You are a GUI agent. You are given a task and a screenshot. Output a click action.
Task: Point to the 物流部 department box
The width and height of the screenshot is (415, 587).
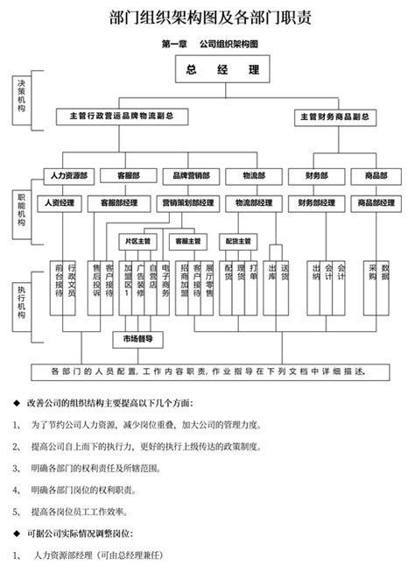254,175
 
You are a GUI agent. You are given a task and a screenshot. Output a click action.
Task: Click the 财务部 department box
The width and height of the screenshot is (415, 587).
316,175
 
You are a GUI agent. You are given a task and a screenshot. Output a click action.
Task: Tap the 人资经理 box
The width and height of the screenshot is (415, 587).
60,203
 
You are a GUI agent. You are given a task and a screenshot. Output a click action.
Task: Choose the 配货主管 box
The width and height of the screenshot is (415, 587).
237,240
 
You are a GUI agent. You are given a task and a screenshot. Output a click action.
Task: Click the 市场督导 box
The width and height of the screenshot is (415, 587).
137,337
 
